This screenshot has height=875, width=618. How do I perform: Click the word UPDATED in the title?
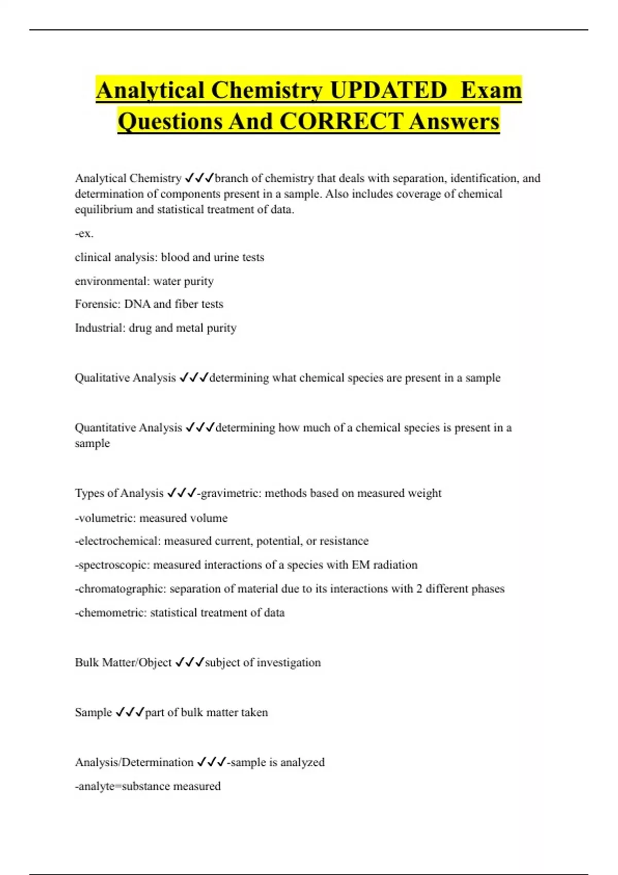tap(388, 91)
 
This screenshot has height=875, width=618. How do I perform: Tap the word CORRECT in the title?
tap(340, 121)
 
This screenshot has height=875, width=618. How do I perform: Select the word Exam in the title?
tap(491, 91)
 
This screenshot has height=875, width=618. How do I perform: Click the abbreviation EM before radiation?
tap(360, 565)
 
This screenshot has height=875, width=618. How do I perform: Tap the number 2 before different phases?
tap(420, 589)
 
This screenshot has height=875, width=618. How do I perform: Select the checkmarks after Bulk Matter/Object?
tap(190, 662)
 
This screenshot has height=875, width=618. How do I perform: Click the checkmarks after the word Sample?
tap(130, 712)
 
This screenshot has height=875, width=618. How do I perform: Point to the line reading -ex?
tap(84, 234)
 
